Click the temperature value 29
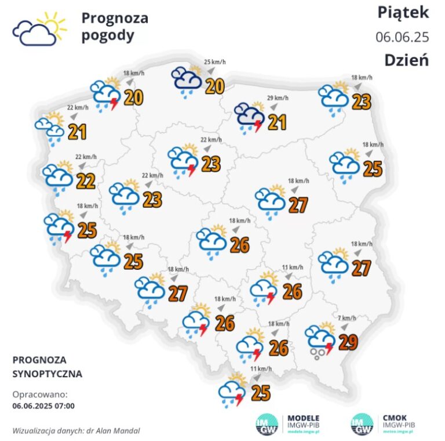(348, 342)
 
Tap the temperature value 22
(86, 181)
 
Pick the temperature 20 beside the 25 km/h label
(215, 86)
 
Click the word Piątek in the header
(403, 12)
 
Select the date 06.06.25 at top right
(402, 37)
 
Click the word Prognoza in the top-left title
(115, 18)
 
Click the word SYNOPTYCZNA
(47, 374)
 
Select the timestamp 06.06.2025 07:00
(43, 406)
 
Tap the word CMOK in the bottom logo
(395, 417)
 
